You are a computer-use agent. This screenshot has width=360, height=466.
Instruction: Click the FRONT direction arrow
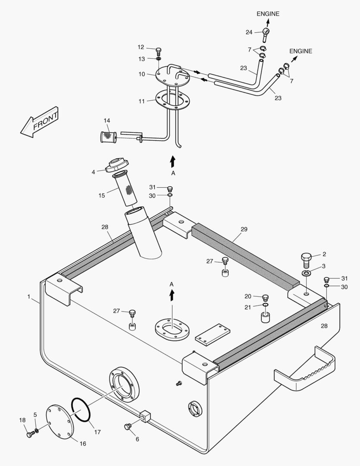(x=39, y=123)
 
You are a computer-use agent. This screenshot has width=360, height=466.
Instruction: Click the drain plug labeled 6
(x=127, y=427)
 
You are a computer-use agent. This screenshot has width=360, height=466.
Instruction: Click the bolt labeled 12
(x=158, y=50)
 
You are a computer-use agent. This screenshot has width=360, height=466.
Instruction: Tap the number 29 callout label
(x=244, y=230)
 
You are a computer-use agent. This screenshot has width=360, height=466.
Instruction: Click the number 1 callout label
(x=29, y=297)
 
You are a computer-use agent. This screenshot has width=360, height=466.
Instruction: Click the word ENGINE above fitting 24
(x=268, y=14)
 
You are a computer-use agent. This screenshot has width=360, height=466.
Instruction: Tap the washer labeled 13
(x=158, y=59)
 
